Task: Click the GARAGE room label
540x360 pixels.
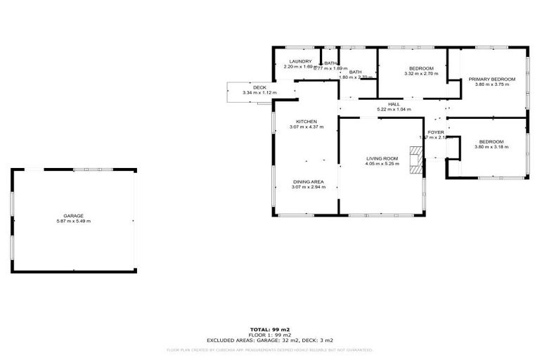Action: click(74, 216)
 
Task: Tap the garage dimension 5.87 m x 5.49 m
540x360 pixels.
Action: click(74, 221)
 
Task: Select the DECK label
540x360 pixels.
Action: click(259, 87)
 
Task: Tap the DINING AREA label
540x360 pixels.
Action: click(309, 181)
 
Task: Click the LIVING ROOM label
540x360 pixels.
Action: click(382, 159)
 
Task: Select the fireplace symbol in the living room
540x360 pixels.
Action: click(418, 160)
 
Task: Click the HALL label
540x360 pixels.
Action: click(394, 104)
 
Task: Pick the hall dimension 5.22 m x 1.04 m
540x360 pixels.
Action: click(394, 110)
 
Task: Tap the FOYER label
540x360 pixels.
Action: click(436, 132)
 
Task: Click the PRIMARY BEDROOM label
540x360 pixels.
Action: click(492, 79)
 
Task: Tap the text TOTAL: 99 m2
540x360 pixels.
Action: click(270, 329)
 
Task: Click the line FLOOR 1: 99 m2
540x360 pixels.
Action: click(270, 335)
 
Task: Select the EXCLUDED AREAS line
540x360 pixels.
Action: click(270, 340)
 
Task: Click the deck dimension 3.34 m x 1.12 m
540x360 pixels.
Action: click(259, 93)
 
